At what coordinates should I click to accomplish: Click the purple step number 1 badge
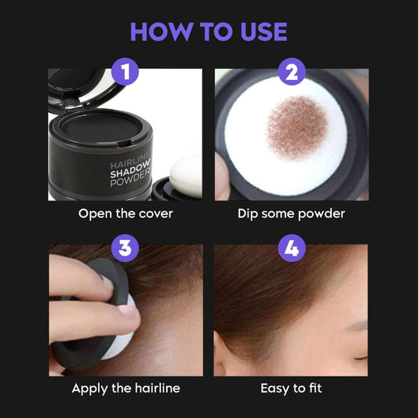click(125, 74)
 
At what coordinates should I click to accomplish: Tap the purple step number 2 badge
click(292, 74)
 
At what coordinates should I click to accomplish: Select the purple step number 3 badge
click(125, 249)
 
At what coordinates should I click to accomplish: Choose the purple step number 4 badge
click(292, 249)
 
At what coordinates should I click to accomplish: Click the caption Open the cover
click(125, 213)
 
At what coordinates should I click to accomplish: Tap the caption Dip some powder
click(292, 213)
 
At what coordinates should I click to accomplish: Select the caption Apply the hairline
click(125, 388)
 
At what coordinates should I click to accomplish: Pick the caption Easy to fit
click(292, 388)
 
